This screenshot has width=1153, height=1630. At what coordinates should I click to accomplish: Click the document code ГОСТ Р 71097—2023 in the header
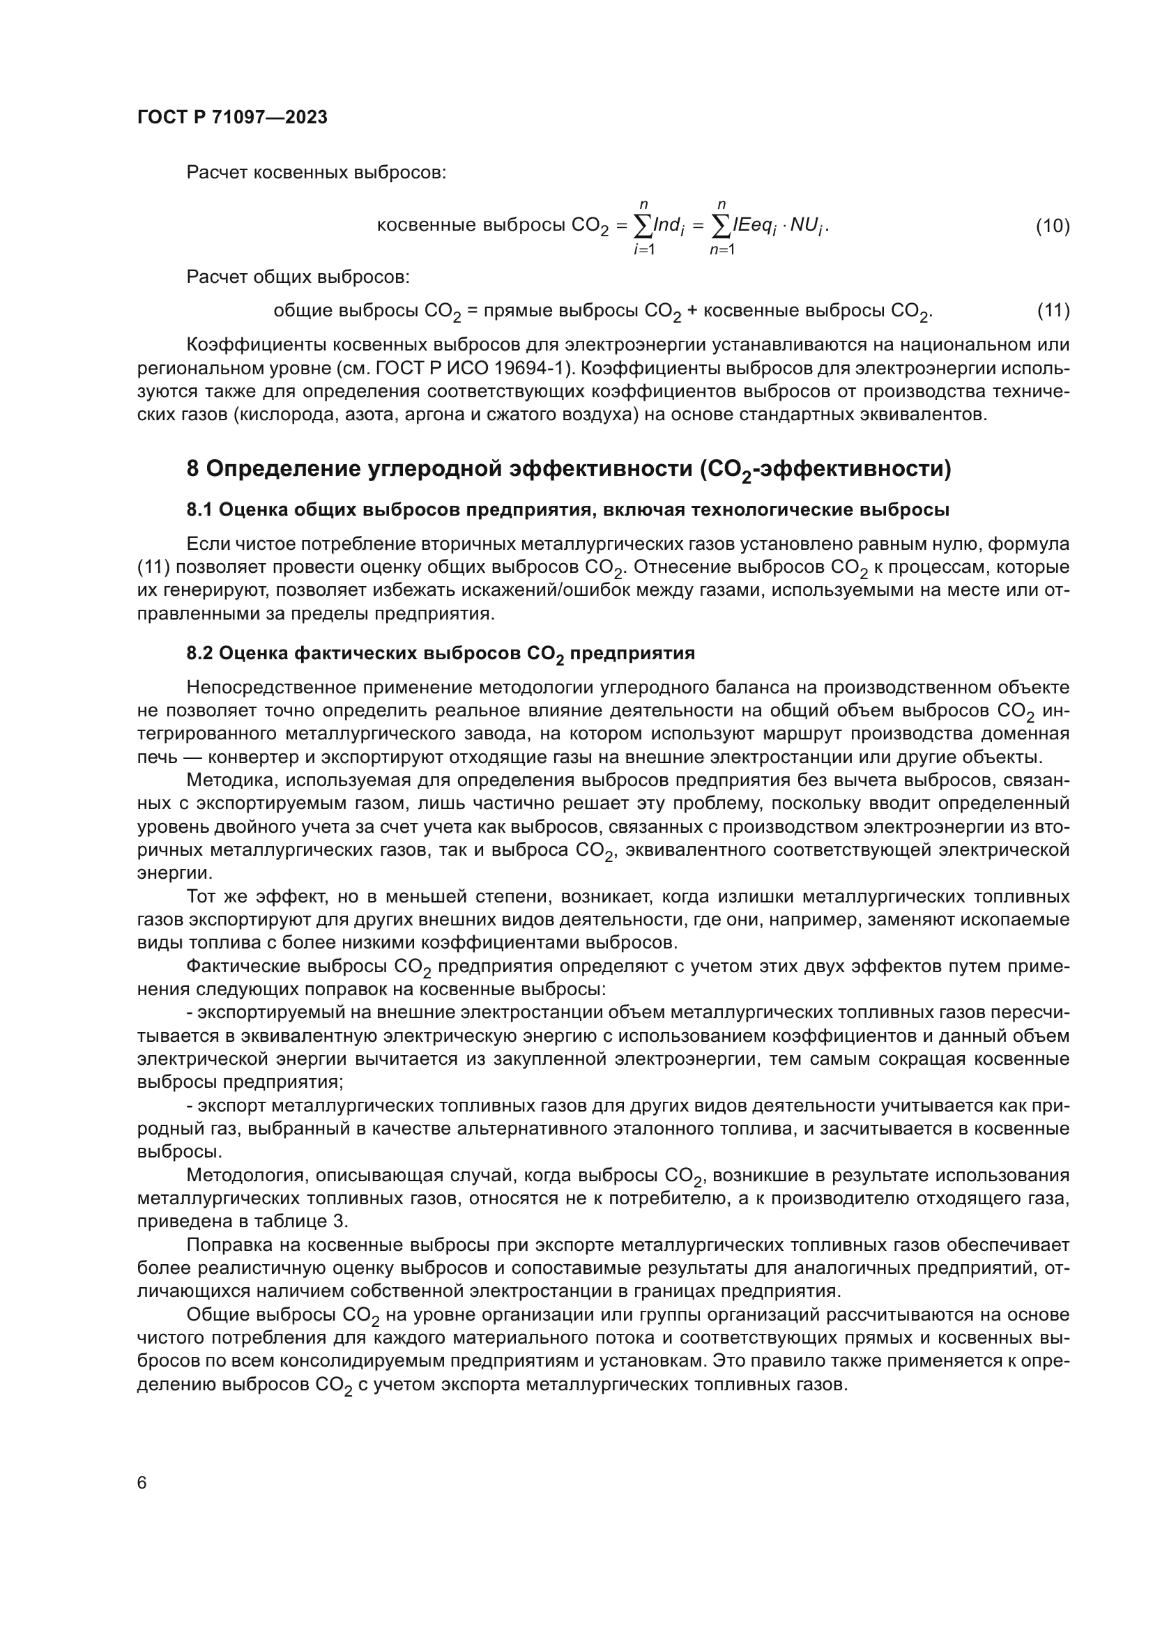tap(232, 117)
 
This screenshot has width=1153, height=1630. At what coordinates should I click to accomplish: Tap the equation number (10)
tap(1052, 226)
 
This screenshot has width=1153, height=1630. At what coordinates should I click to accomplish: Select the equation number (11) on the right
tap(1053, 310)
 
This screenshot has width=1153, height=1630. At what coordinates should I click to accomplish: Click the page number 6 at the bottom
tap(142, 1483)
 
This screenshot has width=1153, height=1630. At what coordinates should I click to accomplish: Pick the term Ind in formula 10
tap(667, 226)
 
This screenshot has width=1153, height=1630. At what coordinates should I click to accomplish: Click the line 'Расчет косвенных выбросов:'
tap(316, 173)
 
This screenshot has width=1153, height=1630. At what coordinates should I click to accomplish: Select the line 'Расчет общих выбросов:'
tap(298, 276)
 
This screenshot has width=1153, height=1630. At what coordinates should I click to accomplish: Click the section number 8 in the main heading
tap(193, 468)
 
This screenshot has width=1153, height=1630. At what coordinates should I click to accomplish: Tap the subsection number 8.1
tap(199, 509)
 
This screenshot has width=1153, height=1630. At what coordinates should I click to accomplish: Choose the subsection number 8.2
tap(199, 653)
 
